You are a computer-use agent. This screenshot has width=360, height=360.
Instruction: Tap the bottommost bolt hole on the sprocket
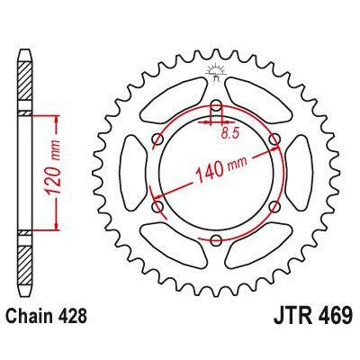tap(216, 240)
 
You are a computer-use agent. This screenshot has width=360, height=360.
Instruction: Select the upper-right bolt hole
tap(274, 139)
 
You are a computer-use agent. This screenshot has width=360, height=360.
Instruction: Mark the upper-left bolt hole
tap(157, 139)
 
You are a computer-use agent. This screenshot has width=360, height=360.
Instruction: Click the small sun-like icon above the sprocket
tap(216, 72)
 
